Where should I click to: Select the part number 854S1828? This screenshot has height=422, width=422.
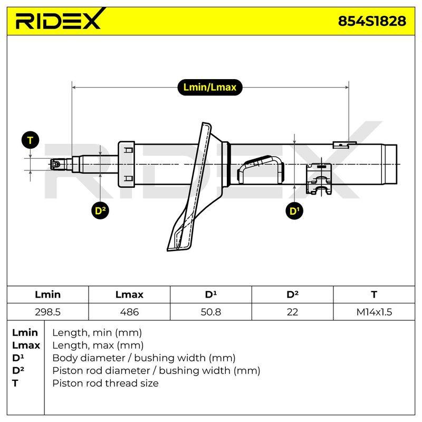tap(372, 21)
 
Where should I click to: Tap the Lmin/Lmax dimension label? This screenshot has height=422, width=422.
tap(209, 87)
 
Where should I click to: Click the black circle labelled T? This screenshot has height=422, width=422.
tap(30, 140)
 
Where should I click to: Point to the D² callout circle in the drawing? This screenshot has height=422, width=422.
tap(100, 210)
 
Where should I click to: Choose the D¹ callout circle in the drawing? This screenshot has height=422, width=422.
tap(294, 210)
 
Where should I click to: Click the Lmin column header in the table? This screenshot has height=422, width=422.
tap(47, 294)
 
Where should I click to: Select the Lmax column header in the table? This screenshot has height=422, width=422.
tap(129, 294)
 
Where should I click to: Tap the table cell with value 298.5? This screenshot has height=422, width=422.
tap(47, 312)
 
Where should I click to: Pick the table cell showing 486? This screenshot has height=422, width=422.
tap(129, 312)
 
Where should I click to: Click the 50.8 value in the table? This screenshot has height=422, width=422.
tap(210, 312)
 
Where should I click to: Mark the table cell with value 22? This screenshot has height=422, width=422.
tap(292, 312)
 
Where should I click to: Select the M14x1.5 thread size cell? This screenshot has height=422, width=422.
tap(374, 312)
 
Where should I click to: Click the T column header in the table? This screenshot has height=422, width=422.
tap(374, 294)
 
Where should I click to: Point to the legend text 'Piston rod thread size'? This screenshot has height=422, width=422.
tap(105, 383)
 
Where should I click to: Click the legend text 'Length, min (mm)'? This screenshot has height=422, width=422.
tap(97, 333)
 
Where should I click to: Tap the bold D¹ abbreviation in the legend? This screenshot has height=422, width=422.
tap(18, 358)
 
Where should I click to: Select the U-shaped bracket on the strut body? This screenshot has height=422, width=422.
tap(261, 169)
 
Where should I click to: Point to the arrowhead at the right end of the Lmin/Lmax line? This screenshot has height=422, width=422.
tap(347, 87)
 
